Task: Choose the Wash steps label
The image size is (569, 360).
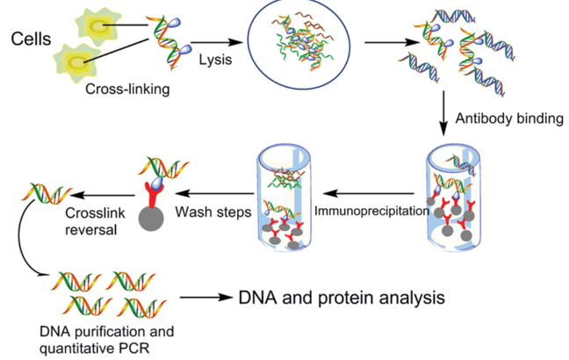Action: point(212,211)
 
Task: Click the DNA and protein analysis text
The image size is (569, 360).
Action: point(342,298)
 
